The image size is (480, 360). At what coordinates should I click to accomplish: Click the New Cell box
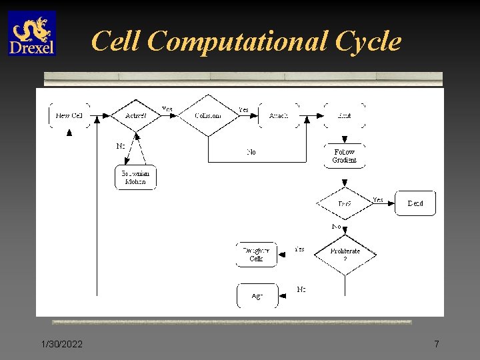(x=69, y=115)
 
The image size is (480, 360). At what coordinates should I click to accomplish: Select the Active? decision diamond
(x=136, y=115)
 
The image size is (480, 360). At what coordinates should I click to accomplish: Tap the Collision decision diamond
(x=208, y=115)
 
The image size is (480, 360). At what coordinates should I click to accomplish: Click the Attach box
(x=279, y=115)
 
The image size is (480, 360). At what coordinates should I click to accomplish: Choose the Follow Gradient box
(x=345, y=156)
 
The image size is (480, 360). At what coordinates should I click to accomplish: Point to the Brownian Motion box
(x=135, y=177)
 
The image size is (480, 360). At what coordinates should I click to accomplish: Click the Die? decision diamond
(x=345, y=203)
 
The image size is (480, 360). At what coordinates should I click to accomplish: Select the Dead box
(x=415, y=203)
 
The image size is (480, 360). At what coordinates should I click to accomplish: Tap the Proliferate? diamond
(x=345, y=254)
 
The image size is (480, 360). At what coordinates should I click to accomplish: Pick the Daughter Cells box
(x=257, y=255)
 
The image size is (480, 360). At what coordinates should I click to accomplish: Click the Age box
(x=257, y=296)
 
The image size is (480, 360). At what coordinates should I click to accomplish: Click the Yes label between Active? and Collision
(x=167, y=109)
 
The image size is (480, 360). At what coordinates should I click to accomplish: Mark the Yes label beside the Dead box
(x=378, y=199)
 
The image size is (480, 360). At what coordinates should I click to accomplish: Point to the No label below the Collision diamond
(x=251, y=152)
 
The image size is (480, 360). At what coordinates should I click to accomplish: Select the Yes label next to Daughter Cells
(x=300, y=249)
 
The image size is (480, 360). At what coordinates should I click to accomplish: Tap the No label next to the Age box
(x=301, y=289)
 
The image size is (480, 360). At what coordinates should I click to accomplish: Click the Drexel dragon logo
(x=32, y=33)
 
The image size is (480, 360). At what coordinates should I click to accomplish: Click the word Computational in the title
(x=238, y=41)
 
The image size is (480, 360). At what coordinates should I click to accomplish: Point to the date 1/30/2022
(x=61, y=344)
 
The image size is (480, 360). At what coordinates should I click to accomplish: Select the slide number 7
(x=437, y=344)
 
